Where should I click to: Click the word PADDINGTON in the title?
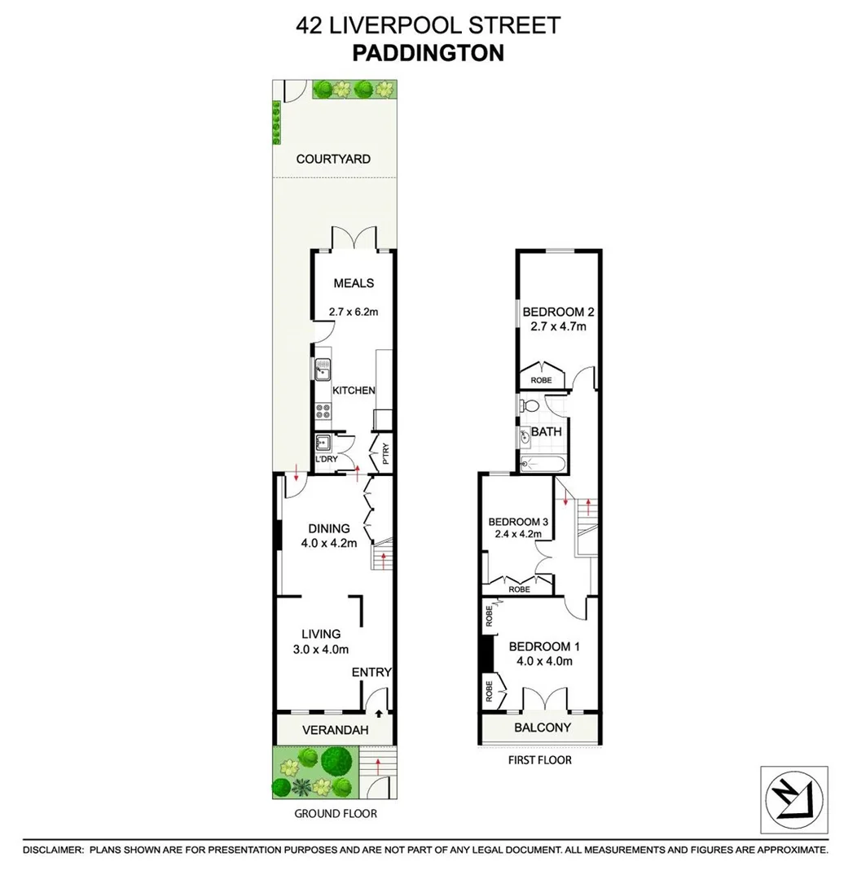[428, 53]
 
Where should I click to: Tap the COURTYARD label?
[333, 159]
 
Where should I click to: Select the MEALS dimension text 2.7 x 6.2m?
[354, 310]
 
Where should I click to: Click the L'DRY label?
[326, 460]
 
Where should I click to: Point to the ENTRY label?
[371, 672]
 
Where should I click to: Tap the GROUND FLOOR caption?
[336, 813]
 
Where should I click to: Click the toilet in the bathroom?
[530, 405]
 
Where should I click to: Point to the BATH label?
[546, 431]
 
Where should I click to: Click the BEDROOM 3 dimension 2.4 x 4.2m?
[519, 535]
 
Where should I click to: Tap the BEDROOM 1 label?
[543, 646]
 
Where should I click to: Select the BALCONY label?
[542, 728]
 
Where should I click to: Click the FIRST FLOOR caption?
[538, 760]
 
